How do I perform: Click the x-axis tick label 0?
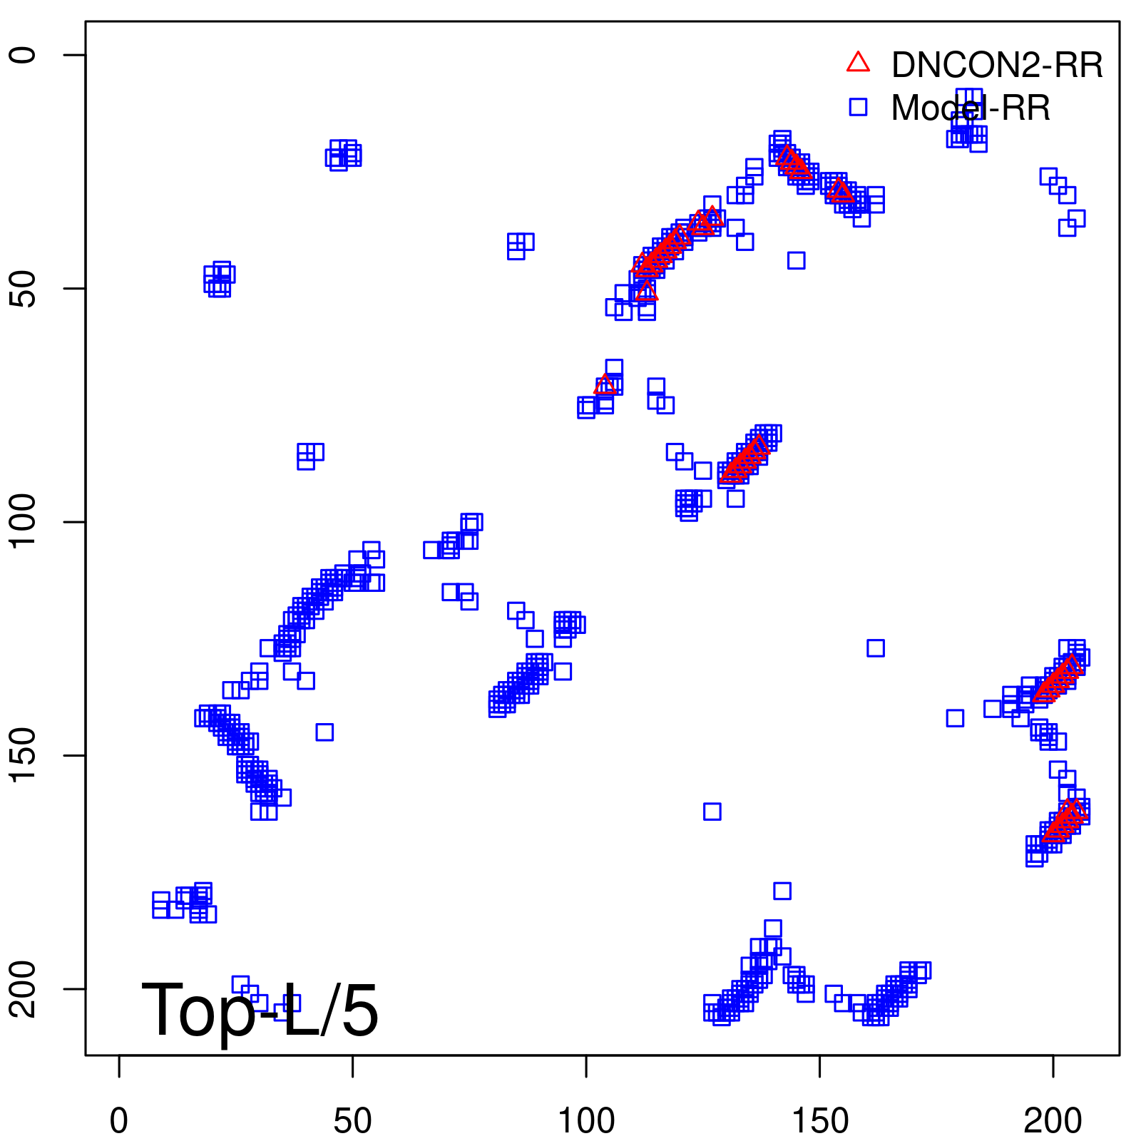pyautogui.click(x=119, y=1122)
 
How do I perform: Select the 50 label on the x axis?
pyautogui.click(x=352, y=1122)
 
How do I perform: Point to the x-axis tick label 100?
pyautogui.click(x=586, y=1122)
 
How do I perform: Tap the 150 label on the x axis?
pyautogui.click(x=819, y=1122)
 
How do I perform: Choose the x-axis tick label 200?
pyautogui.click(x=1053, y=1122)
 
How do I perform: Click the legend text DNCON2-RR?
pyautogui.click(x=997, y=66)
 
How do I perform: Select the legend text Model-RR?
pyautogui.click(x=971, y=108)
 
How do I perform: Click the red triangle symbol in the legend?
pyautogui.click(x=858, y=63)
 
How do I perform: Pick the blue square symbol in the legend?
pyautogui.click(x=858, y=107)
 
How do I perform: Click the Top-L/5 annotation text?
pyautogui.click(x=260, y=1010)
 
